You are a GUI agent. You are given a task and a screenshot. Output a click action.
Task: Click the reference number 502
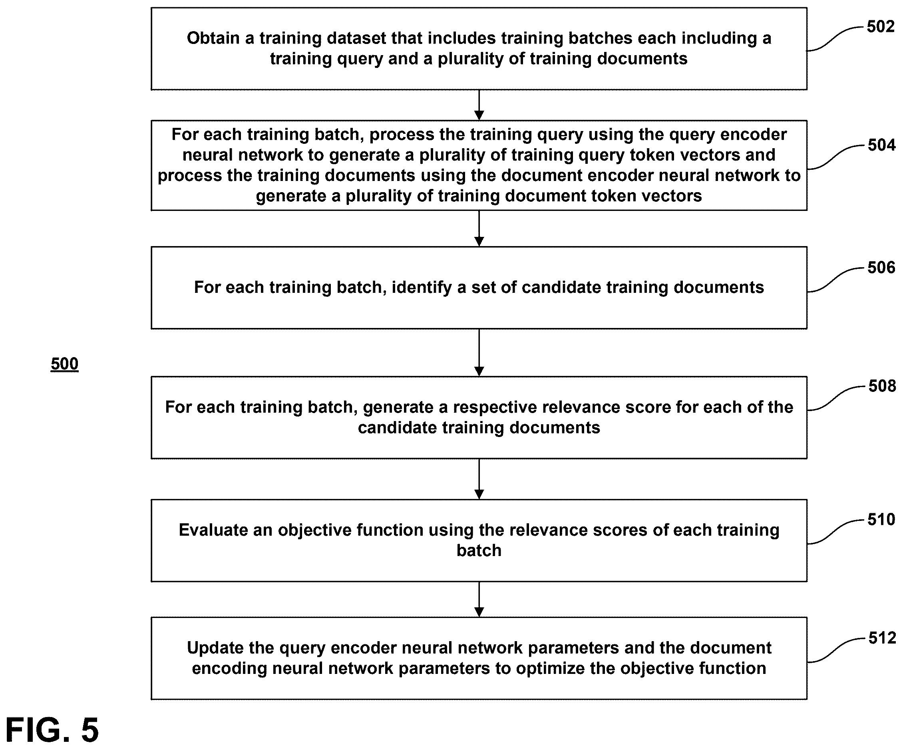tap(880, 27)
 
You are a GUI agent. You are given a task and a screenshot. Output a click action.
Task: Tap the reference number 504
tap(881, 145)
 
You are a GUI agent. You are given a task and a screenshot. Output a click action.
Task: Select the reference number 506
tap(881, 267)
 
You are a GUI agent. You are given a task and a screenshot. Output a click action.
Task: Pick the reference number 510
tap(881, 519)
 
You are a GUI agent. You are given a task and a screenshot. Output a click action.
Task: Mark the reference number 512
tap(882, 638)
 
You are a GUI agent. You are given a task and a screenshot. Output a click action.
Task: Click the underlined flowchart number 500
tap(64, 364)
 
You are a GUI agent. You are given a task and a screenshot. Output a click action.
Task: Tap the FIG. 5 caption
tap(52, 730)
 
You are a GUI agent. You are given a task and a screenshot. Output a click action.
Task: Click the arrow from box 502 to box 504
tap(479, 105)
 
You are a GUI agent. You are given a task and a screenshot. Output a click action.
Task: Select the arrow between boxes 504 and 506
tap(479, 228)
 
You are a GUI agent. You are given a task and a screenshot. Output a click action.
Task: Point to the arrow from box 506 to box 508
tap(479, 353)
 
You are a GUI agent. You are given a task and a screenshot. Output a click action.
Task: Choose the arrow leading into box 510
tap(479, 479)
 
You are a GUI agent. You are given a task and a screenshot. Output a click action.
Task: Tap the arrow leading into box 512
tap(479, 599)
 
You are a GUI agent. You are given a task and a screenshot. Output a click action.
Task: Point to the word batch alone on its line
tap(479, 550)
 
